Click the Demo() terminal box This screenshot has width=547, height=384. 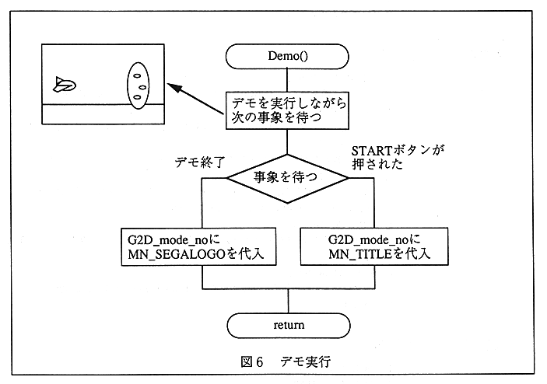(288, 56)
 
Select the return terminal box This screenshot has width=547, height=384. (288, 324)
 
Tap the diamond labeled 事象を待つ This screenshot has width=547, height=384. (288, 177)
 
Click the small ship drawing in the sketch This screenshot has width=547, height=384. (64, 85)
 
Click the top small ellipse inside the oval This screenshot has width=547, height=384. (137, 75)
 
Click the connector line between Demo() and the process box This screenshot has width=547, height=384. (288, 79)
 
